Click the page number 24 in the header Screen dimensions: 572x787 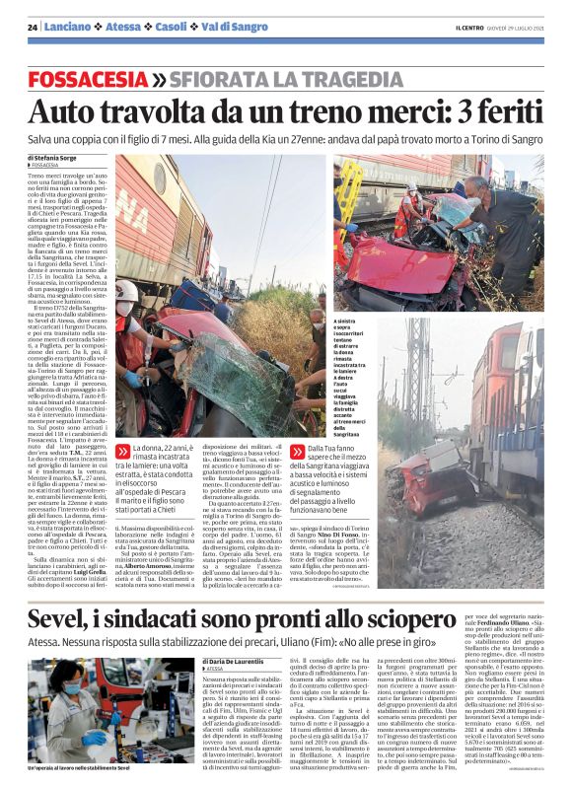click(x=33, y=28)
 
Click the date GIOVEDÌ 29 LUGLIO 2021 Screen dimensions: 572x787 click(x=517, y=27)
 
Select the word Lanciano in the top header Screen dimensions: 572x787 click(x=65, y=28)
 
